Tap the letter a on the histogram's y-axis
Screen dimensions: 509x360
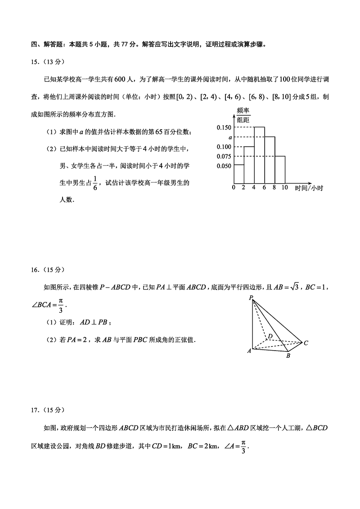point(229,137)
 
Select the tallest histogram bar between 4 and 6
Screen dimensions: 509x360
point(259,155)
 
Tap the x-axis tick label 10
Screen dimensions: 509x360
point(284,188)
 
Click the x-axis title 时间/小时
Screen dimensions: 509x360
point(309,188)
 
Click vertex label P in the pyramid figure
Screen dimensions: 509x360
point(250,298)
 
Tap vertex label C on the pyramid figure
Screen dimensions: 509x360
point(306,343)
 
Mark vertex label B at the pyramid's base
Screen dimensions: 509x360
point(288,356)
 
